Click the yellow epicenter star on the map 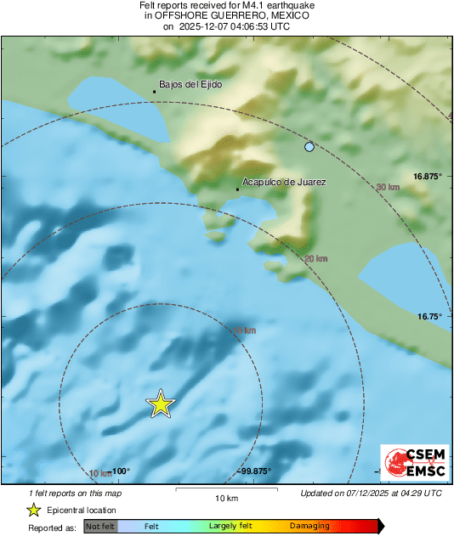pos(160,404)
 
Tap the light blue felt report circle pos(309,147)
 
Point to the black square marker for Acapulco pos(237,189)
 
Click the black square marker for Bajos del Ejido pos(154,91)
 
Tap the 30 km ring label pos(387,187)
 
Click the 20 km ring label pos(315,258)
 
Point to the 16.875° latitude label pos(428,176)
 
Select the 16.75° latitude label pos(430,316)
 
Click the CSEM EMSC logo pos(411,463)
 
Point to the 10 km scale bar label pos(225,498)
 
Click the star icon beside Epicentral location pos(33,510)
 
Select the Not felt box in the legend pos(99,527)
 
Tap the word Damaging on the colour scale pos(309,527)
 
